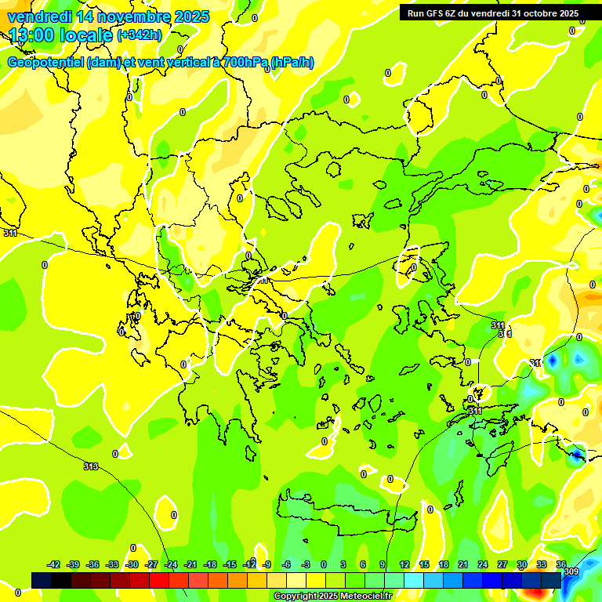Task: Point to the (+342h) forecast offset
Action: click(x=139, y=35)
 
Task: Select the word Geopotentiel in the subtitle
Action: click(x=45, y=63)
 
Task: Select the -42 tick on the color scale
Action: click(x=53, y=564)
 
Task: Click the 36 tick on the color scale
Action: click(x=561, y=564)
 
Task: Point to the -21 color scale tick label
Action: click(x=190, y=564)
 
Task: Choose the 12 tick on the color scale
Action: click(x=404, y=564)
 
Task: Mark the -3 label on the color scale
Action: click(x=306, y=564)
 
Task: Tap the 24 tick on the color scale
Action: click(x=483, y=564)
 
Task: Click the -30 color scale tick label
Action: click(x=132, y=564)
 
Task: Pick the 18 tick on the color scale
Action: click(x=444, y=564)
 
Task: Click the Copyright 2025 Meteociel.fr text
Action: click(x=332, y=597)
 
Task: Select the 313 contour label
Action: click(x=91, y=466)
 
